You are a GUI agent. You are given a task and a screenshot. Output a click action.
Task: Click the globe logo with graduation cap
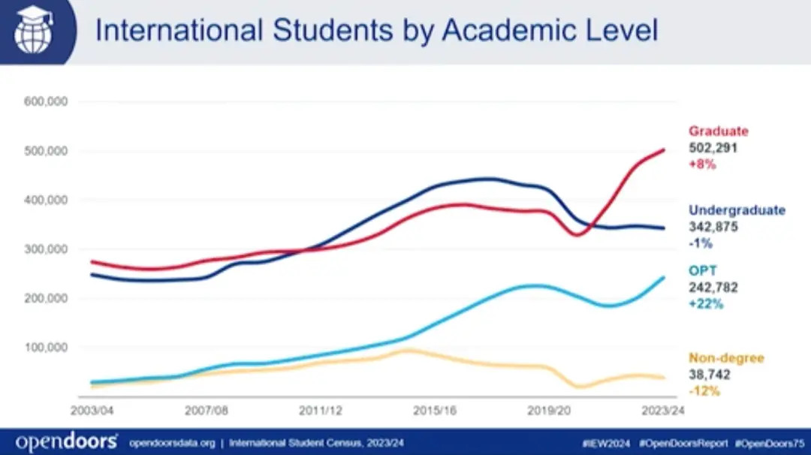(32, 31)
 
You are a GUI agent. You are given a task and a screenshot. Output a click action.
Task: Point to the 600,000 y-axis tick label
(47, 101)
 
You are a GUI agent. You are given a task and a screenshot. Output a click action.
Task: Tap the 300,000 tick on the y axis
(47, 249)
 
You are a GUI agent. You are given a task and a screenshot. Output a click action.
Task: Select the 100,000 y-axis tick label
(47, 348)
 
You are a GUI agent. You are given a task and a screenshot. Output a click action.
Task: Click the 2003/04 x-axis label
(92, 411)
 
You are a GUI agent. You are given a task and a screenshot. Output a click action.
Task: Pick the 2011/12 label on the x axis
(320, 411)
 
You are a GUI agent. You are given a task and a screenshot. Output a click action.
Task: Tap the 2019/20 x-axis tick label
(548, 411)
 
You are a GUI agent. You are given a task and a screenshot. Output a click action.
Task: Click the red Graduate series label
(719, 131)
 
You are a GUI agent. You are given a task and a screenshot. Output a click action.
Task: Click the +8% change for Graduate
(703, 164)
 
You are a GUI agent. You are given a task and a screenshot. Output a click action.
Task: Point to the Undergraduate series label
(737, 210)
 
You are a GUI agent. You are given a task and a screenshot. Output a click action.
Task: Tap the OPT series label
(701, 270)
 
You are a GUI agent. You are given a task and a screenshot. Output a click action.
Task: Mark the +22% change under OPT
(706, 303)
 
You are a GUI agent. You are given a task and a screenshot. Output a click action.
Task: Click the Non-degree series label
(726, 358)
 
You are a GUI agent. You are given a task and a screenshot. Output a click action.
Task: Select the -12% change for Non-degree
(704, 391)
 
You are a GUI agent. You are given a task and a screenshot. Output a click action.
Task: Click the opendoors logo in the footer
(66, 441)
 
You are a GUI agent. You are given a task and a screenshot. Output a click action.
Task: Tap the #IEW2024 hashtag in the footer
(606, 441)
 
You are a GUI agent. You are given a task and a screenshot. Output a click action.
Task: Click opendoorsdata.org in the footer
(172, 441)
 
